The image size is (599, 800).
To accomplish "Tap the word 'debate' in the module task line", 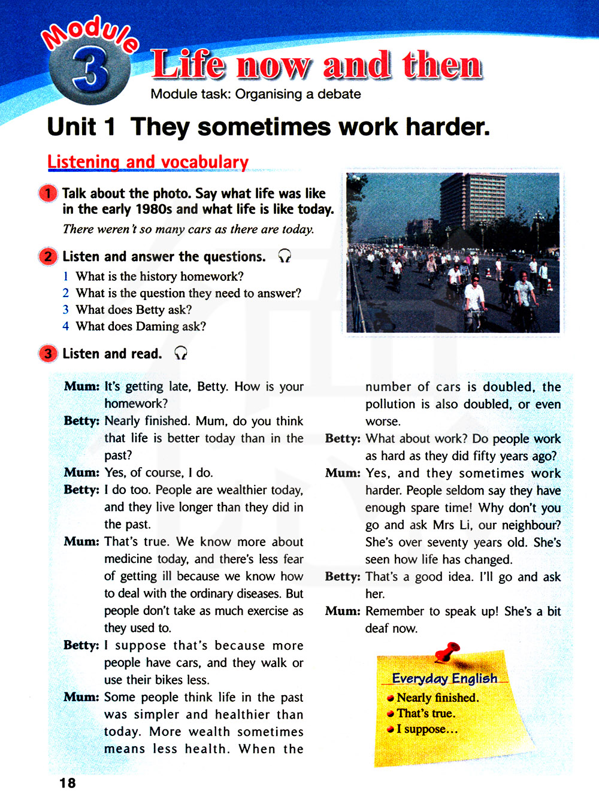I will coord(339,94).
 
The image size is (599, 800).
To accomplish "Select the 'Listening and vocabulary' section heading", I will coord(148,162).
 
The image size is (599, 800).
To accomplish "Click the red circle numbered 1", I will coord(48,193).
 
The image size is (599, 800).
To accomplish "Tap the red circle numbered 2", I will coord(48,257).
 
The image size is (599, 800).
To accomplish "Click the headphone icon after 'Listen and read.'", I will coord(180,353).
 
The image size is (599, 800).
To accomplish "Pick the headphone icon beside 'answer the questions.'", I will coord(285,256).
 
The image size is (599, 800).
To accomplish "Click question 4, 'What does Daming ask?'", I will coord(141,326).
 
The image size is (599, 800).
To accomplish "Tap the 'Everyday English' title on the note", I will coord(444,678).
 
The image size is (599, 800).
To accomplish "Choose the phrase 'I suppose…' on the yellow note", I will coord(426,729).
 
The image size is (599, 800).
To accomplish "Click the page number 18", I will coord(68,783).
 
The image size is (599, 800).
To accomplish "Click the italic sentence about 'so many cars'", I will coord(188,229).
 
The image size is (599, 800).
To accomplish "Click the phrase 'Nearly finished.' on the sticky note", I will coord(437,698).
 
